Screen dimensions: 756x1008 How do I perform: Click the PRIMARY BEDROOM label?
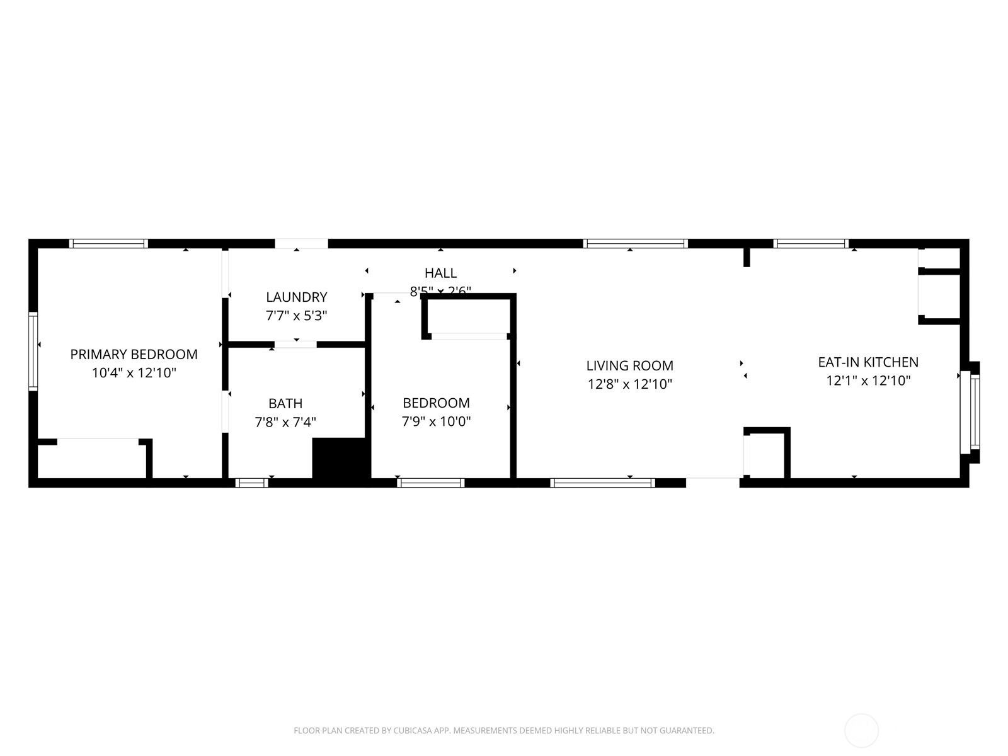134,354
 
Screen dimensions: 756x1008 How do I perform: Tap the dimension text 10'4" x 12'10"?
134,373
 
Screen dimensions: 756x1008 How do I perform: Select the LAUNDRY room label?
296,297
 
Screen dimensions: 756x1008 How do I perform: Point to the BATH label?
285,403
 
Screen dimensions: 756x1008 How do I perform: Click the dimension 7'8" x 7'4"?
285,421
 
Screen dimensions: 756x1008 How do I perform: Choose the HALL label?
440,273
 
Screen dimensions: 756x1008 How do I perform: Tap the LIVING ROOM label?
629,365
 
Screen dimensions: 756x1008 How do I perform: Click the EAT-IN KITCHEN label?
868,362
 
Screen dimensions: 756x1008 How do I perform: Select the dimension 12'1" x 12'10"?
868,381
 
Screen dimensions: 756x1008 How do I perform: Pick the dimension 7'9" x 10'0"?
436,421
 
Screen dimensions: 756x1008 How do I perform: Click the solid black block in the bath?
339,459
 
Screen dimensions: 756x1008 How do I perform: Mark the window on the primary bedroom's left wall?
33,352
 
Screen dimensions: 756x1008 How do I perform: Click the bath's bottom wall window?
252,483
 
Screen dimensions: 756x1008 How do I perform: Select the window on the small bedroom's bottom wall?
431,483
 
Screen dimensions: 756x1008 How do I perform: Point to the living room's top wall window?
634,243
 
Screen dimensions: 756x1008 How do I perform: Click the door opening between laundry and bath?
295,344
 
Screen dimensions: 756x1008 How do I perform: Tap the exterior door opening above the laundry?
301,243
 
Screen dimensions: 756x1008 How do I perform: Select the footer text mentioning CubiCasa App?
503,731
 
